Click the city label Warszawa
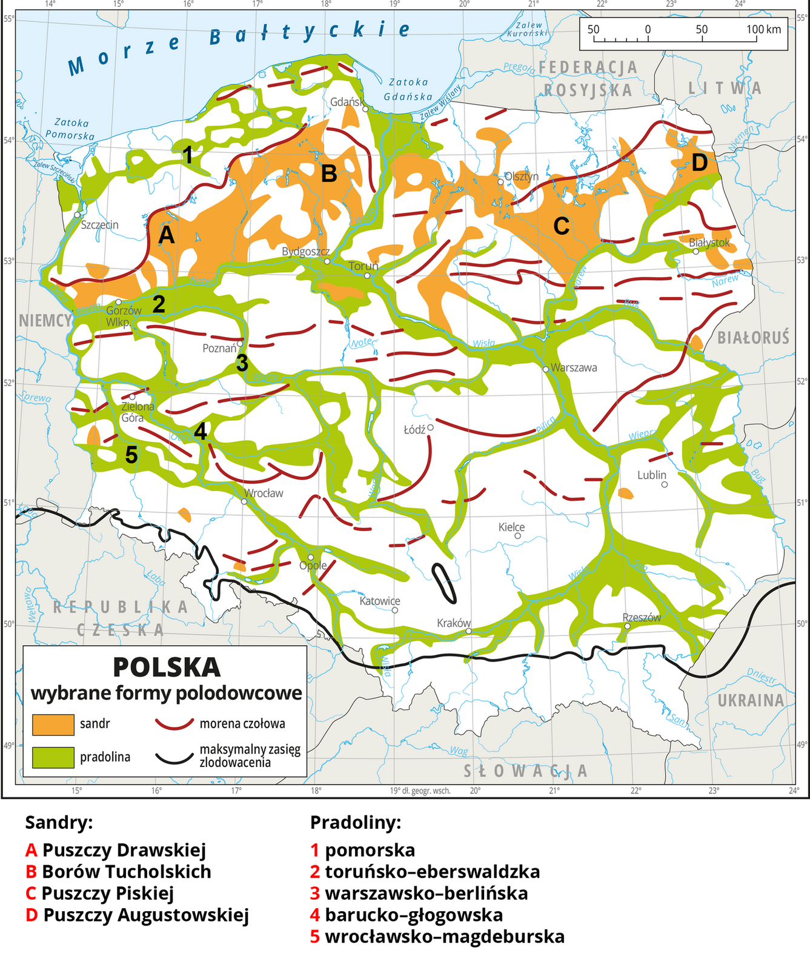pyautogui.click(x=573, y=367)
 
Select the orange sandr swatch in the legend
pyautogui.click(x=53, y=724)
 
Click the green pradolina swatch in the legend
pyautogui.click(x=53, y=757)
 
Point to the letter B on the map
pyautogui.click(x=328, y=173)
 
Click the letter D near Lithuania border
pyautogui.click(x=699, y=162)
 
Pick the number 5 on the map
pyautogui.click(x=131, y=455)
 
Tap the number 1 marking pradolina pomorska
pyautogui.click(x=188, y=155)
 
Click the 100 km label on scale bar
pyautogui.click(x=763, y=29)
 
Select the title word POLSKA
pyautogui.click(x=167, y=667)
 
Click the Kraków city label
pyautogui.click(x=454, y=623)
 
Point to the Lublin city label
pyautogui.click(x=651, y=475)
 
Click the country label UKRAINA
pyautogui.click(x=751, y=700)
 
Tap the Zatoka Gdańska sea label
pyautogui.click(x=409, y=89)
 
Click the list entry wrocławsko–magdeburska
pyautogui.click(x=444, y=936)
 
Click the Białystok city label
pyautogui.click(x=709, y=242)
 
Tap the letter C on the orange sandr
pyautogui.click(x=561, y=226)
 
